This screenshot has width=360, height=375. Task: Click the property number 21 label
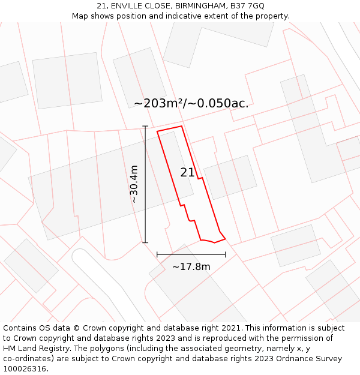pyautogui.click(x=187, y=173)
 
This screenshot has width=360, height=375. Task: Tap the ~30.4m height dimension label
pyautogui.click(x=134, y=184)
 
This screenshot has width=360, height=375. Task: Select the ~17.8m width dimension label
pyautogui.click(x=191, y=266)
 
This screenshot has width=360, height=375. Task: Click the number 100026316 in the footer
pyautogui.click(x=24, y=369)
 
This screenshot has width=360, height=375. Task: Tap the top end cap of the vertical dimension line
pyautogui.click(x=145, y=127)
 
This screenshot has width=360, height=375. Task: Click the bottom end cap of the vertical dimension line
pyautogui.click(x=145, y=242)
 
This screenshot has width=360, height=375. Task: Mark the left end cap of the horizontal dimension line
pyautogui.click(x=157, y=254)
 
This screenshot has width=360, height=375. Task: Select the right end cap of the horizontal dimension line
pyautogui.click(x=225, y=254)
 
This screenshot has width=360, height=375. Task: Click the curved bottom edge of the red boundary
pyautogui.click(x=208, y=241)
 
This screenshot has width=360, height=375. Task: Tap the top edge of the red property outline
pyautogui.click(x=169, y=128)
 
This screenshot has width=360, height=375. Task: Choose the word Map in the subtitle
pyautogui.click(x=80, y=16)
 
